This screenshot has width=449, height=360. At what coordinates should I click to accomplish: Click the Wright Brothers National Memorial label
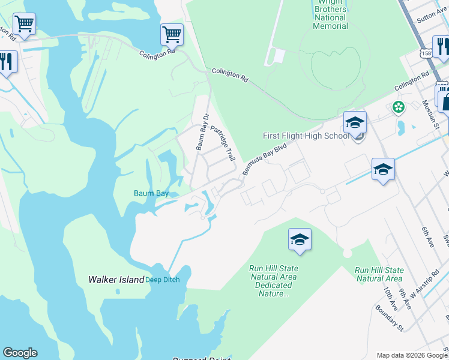click(x=330, y=14)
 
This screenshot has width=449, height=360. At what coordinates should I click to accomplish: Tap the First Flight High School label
click(x=306, y=136)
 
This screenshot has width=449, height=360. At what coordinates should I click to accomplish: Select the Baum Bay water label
click(x=151, y=193)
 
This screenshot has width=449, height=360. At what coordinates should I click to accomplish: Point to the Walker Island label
click(x=116, y=280)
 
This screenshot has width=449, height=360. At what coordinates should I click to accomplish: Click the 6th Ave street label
click(x=427, y=233)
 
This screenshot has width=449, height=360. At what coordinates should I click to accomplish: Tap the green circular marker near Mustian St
click(x=397, y=107)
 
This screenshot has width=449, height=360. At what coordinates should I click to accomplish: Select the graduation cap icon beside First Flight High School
click(x=355, y=123)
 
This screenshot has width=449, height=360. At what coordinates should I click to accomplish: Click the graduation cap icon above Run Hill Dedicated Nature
click(x=300, y=240)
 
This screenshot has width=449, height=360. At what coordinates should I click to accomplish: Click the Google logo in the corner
click(x=20, y=353)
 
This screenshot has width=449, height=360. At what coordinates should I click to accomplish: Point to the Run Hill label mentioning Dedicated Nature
click(x=274, y=281)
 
